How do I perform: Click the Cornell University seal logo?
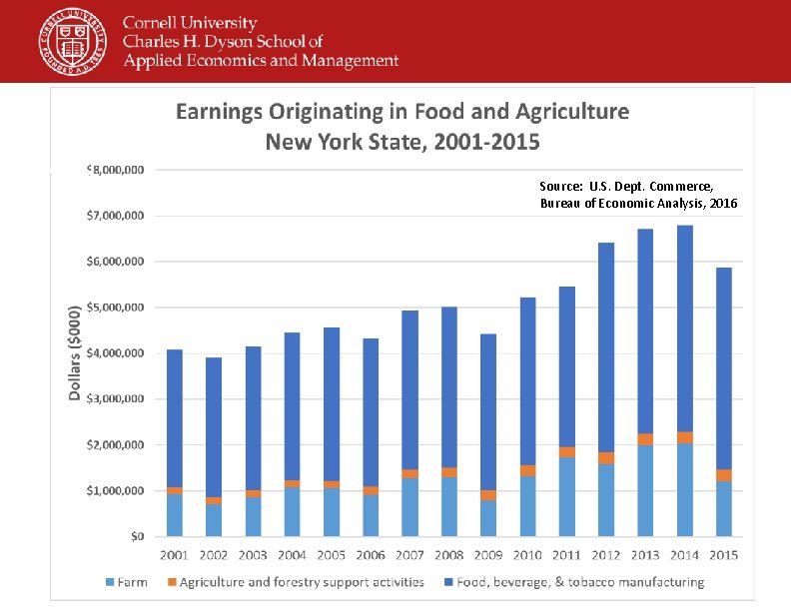(x=72, y=42)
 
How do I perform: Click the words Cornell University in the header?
(x=190, y=23)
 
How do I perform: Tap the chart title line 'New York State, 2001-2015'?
(x=402, y=142)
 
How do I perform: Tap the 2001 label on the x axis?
(x=175, y=554)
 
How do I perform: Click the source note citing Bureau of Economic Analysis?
(x=637, y=195)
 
